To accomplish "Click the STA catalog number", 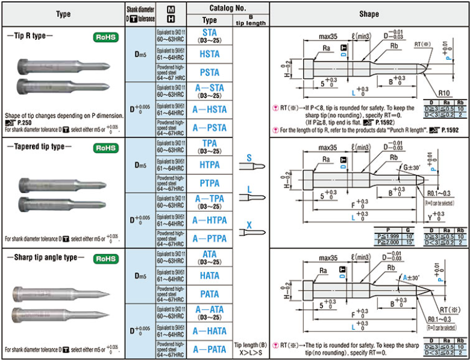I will pyautogui.click(x=210, y=32).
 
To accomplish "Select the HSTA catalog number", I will pyautogui.click(x=210, y=54).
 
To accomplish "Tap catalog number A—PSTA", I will pyautogui.click(x=210, y=128).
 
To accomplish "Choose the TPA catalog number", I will pyautogui.click(x=210, y=144).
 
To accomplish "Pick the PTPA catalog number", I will pyautogui.click(x=210, y=183).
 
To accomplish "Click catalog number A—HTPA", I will pyautogui.click(x=210, y=221).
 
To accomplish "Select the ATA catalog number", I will pyautogui.click(x=210, y=254).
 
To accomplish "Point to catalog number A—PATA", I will pyautogui.click(x=210, y=350).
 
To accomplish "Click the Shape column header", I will pyautogui.click(x=369, y=13).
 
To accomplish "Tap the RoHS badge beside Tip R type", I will pyautogui.click(x=106, y=37).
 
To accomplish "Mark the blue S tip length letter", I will pyautogui.click(x=249, y=158).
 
